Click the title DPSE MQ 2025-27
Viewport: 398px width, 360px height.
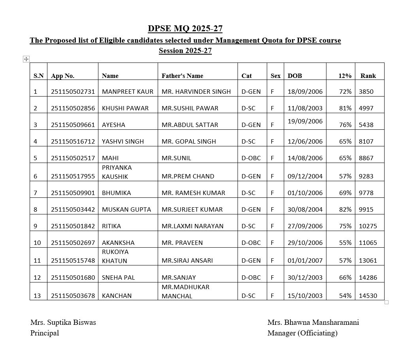(x=185, y=28)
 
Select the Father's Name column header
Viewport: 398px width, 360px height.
(x=182, y=76)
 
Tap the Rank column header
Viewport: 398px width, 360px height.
(x=368, y=76)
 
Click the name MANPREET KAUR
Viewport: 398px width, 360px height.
(x=127, y=91)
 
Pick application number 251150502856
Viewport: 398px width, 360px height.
(x=73, y=108)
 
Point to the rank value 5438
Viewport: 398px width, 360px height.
(x=366, y=125)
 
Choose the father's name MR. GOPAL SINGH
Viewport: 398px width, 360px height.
(x=189, y=141)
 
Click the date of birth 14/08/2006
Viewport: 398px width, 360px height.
(x=305, y=158)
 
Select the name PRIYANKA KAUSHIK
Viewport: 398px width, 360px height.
(x=117, y=172)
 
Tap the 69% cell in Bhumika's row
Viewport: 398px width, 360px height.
(x=345, y=193)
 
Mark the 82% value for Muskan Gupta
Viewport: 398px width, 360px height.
(x=345, y=209)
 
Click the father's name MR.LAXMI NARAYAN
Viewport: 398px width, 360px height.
(x=192, y=226)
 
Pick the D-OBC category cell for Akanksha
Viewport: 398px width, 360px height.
(x=251, y=243)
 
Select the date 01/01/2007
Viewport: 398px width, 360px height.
(x=305, y=260)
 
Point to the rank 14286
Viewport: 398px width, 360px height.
(x=368, y=277)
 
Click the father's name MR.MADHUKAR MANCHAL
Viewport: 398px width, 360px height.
(x=185, y=291)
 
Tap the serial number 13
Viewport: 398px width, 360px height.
(x=37, y=296)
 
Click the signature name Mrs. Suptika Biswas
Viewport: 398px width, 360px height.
(x=63, y=322)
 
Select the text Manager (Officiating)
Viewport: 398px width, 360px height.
(x=302, y=333)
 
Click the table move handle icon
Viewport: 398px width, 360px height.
(x=26, y=59)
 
